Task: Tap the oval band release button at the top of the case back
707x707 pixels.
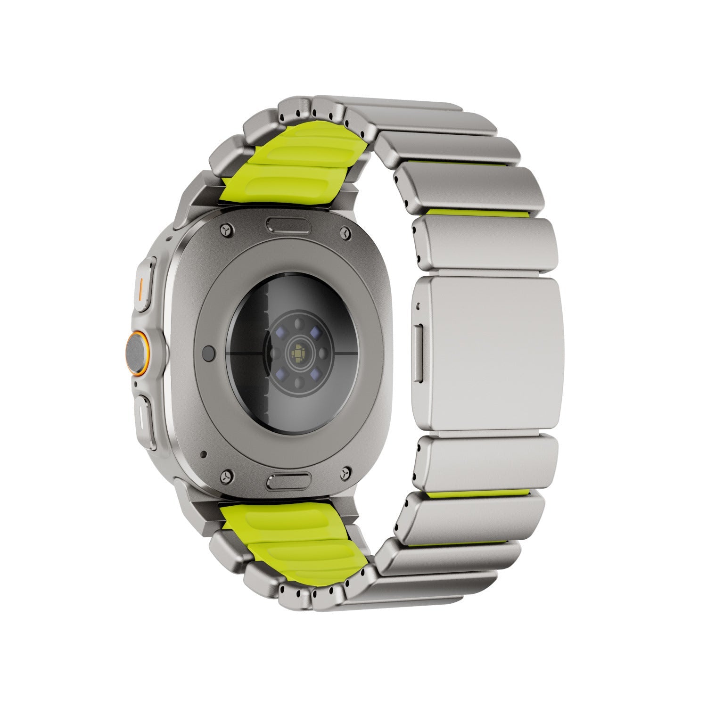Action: pyautogui.click(x=289, y=224)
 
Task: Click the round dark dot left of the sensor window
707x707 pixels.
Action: pyautogui.click(x=208, y=352)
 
